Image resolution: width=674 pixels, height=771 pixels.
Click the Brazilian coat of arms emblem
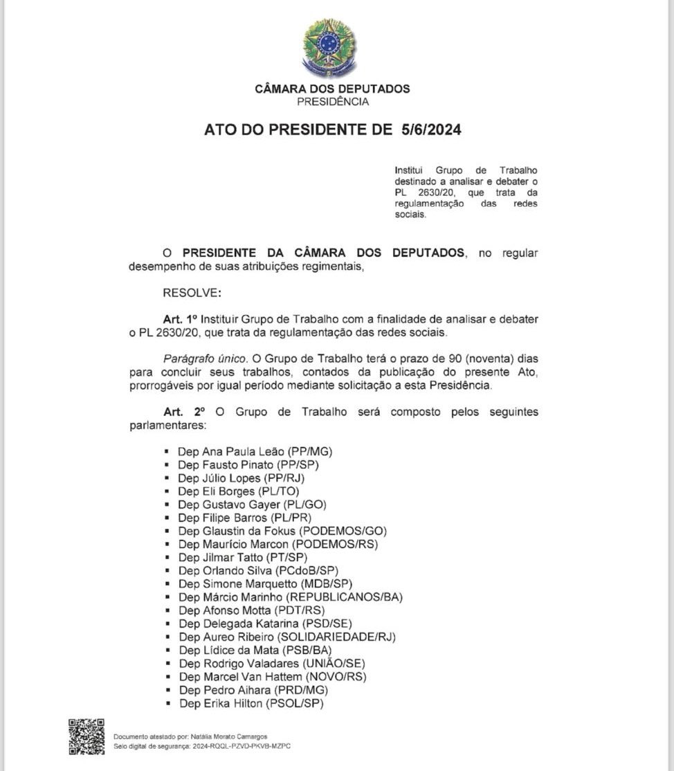329,48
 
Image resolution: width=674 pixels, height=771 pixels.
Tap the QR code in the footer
86,736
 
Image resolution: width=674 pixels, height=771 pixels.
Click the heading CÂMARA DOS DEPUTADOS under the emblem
332,89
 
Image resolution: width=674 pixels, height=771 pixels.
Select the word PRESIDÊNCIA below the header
333,102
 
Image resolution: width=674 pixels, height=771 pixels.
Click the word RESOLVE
192,293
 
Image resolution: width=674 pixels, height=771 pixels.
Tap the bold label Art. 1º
181,320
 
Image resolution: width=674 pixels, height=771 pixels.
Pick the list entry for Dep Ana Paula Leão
255,452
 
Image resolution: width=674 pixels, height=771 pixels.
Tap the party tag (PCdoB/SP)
307,570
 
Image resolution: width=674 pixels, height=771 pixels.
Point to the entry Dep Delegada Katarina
234,623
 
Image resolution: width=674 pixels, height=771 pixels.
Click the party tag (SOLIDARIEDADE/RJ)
336,637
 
